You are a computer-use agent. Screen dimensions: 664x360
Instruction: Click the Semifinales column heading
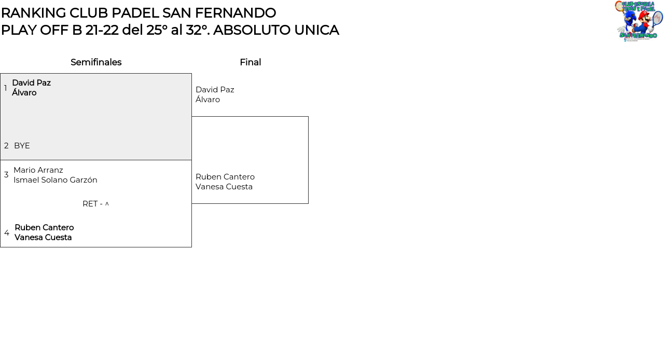tap(96, 62)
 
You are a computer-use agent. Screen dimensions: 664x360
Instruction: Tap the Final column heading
tap(251, 62)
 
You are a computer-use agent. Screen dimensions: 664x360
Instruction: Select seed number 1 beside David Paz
tap(5, 88)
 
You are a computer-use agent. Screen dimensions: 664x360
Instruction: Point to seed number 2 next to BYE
tap(6, 146)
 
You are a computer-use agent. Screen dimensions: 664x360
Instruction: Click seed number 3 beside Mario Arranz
tap(6, 175)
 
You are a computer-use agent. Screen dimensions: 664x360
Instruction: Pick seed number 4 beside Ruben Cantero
tap(7, 232)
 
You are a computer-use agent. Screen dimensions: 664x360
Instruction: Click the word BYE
tap(22, 146)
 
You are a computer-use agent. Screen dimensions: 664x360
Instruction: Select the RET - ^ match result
tap(96, 204)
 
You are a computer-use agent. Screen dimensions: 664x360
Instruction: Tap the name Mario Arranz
tap(38, 170)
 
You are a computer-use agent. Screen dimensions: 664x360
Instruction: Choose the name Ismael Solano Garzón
tap(56, 180)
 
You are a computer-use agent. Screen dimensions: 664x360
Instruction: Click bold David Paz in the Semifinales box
tap(32, 82)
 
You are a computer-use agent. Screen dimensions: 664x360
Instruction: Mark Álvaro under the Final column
tap(208, 100)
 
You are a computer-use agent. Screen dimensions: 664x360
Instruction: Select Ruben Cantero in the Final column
tap(225, 177)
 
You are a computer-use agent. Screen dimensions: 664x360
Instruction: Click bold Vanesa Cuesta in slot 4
tap(43, 238)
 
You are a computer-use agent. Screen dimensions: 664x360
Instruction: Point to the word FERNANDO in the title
tap(236, 13)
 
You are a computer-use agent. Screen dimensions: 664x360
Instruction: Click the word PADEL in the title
tap(135, 13)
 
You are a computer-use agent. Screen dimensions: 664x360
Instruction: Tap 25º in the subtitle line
tap(157, 30)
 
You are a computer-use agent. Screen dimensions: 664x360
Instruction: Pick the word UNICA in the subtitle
tap(316, 30)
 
